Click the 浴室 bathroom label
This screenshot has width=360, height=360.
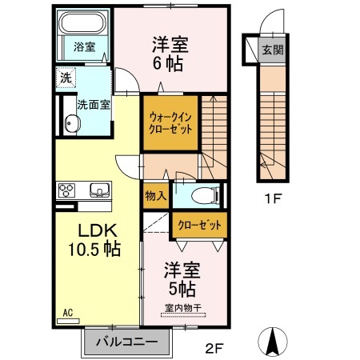pyautogui.click(x=85, y=46)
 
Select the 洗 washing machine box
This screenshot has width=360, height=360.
pyautogui.click(x=64, y=78)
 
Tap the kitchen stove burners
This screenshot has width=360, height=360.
pyautogui.click(x=66, y=190)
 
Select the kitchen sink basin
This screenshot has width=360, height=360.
pyautogui.click(x=100, y=190)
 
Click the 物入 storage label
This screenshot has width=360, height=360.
pyautogui.click(x=156, y=195)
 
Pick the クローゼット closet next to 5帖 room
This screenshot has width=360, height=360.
pyautogui.click(x=199, y=225)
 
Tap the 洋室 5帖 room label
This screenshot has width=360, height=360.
pyautogui.click(x=182, y=277)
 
